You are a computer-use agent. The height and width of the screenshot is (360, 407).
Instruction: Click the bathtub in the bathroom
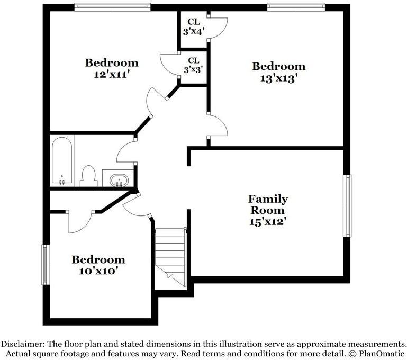(62, 160)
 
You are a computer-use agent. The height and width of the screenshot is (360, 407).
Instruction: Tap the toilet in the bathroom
(88, 176)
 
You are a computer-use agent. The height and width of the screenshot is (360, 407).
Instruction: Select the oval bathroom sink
(119, 180)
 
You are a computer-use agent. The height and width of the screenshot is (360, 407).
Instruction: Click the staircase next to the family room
(170, 257)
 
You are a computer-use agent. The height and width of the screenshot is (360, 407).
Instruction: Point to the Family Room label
(268, 204)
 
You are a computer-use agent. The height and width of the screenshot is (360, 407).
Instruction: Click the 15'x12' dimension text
(268, 222)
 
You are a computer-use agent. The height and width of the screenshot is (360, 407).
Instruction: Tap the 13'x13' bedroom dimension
(278, 78)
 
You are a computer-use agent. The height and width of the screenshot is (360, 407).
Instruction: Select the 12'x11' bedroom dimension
(112, 75)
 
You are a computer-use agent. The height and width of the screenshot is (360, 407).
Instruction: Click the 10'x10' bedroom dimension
(98, 271)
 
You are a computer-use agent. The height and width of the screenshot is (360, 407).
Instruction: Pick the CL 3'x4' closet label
(193, 26)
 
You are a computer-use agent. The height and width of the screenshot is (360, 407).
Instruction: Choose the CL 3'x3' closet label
(193, 65)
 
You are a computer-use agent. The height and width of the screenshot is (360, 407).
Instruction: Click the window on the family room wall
(347, 206)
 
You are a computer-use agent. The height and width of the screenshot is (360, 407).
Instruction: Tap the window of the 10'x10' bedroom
(46, 265)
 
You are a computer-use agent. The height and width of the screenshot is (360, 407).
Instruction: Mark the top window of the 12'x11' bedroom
(112, 7)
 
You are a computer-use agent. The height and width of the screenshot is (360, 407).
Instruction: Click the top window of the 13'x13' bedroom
(296, 7)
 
